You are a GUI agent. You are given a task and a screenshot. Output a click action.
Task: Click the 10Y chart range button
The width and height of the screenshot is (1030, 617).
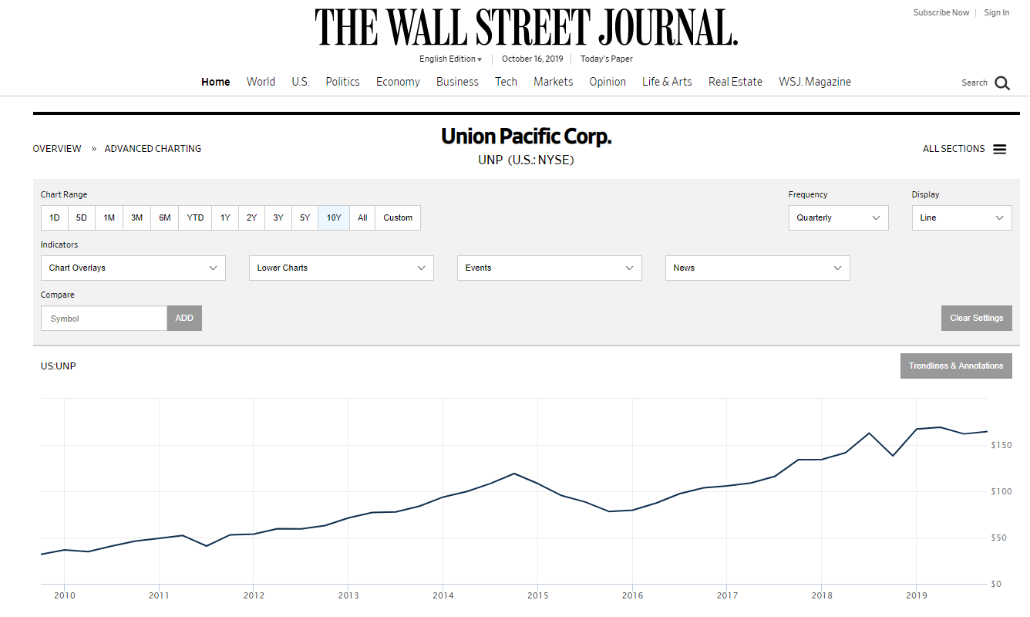pos(334,217)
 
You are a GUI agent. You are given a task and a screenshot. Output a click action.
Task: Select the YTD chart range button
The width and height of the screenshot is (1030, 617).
pos(196,217)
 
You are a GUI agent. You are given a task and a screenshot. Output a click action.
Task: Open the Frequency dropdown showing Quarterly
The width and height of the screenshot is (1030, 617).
pos(838,217)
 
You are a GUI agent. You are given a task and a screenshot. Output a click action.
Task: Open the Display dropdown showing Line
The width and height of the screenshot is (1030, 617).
pos(961,217)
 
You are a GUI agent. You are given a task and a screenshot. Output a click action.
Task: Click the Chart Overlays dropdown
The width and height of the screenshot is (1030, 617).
pos(133,268)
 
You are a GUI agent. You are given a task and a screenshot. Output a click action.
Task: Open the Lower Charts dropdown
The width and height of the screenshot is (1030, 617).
pos(341,268)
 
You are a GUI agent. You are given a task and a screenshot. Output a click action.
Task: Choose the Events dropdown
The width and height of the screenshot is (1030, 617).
pos(549,268)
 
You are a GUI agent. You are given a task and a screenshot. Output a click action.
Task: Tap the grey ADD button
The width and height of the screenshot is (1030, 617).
pos(184,318)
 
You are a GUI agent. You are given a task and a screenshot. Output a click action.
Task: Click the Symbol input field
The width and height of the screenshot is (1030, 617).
pos(104,318)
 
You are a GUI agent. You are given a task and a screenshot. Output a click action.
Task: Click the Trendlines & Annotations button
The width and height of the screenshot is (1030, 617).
pos(956,366)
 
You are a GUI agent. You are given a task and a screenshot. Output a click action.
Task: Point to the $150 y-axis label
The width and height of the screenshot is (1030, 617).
pos(1001,445)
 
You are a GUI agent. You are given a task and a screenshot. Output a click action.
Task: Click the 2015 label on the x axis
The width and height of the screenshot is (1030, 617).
pos(537,595)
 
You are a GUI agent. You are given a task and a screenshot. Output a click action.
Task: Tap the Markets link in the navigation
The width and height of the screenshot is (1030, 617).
pos(554,82)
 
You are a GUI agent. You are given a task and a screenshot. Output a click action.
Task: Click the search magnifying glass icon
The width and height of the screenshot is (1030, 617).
pos(1001,83)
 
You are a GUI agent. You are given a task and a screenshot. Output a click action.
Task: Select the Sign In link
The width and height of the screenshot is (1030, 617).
pos(996,12)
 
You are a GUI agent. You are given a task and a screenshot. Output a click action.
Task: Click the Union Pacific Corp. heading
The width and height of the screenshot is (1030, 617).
pos(526,137)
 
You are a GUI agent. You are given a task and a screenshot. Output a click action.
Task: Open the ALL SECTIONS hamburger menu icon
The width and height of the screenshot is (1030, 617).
pos(999,149)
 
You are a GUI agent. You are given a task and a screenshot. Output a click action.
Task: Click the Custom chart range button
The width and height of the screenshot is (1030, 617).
pos(398,217)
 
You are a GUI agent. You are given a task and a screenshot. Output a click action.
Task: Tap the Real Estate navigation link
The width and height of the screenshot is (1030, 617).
pos(735,82)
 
